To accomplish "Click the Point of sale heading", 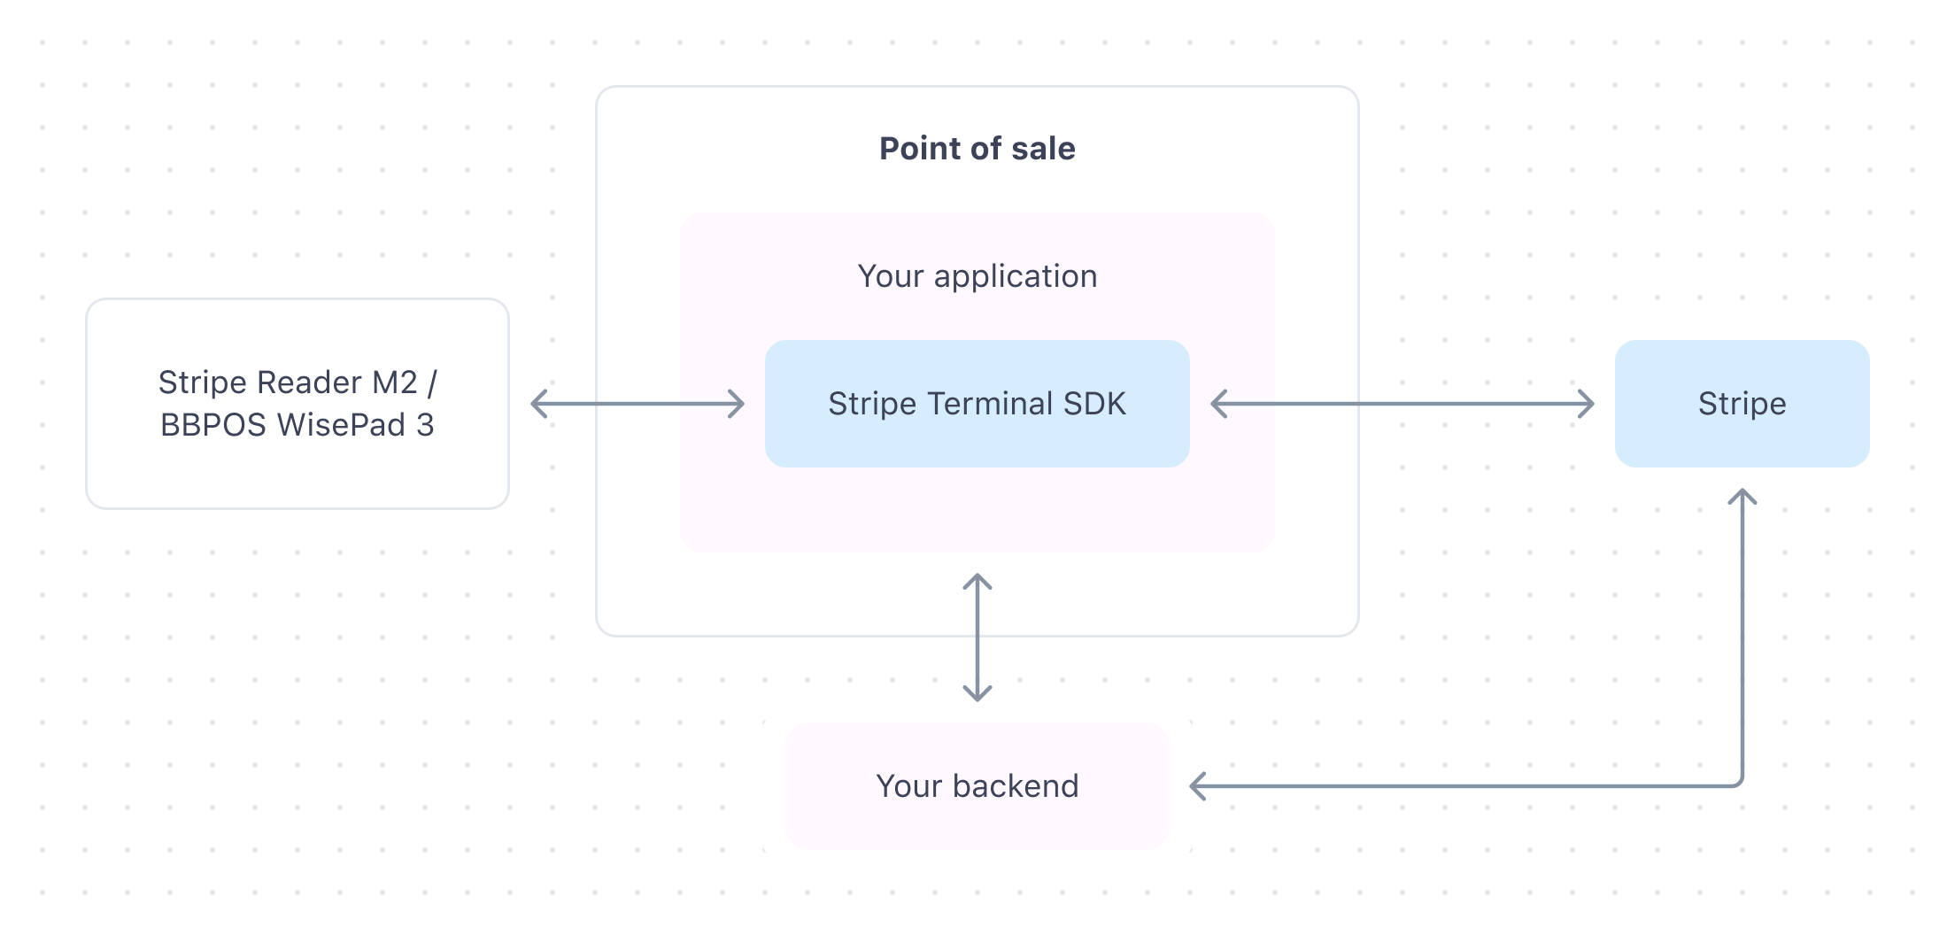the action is pyautogui.click(x=977, y=149).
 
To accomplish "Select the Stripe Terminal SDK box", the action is pyautogui.click(x=977, y=404).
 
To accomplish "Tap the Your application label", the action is pyautogui.click(x=977, y=277).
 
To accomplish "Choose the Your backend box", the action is pyautogui.click(x=977, y=786).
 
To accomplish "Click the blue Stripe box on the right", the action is pyautogui.click(x=1742, y=404).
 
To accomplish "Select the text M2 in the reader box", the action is pyautogui.click(x=394, y=382).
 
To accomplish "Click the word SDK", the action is pyautogui.click(x=1094, y=404).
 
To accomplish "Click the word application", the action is pyautogui.click(x=1016, y=277).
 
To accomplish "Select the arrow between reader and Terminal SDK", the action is pyautogui.click(x=637, y=404).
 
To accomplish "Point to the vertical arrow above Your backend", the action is pyautogui.click(x=977, y=637).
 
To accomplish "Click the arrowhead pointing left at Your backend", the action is pyautogui.click(x=1197, y=786).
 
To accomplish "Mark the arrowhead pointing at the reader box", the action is pyautogui.click(x=538, y=404).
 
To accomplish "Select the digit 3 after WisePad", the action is pyautogui.click(x=425, y=425).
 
